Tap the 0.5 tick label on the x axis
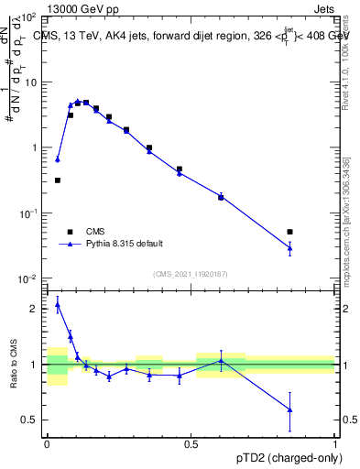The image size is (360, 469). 191,443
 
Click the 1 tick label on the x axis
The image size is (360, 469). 335,443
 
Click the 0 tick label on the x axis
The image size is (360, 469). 47,443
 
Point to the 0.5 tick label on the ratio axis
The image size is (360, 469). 30,420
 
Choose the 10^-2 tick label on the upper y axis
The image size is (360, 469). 28,278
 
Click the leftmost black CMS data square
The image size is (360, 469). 58,180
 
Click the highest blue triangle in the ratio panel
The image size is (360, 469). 58,305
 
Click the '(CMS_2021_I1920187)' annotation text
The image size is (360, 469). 191,273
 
